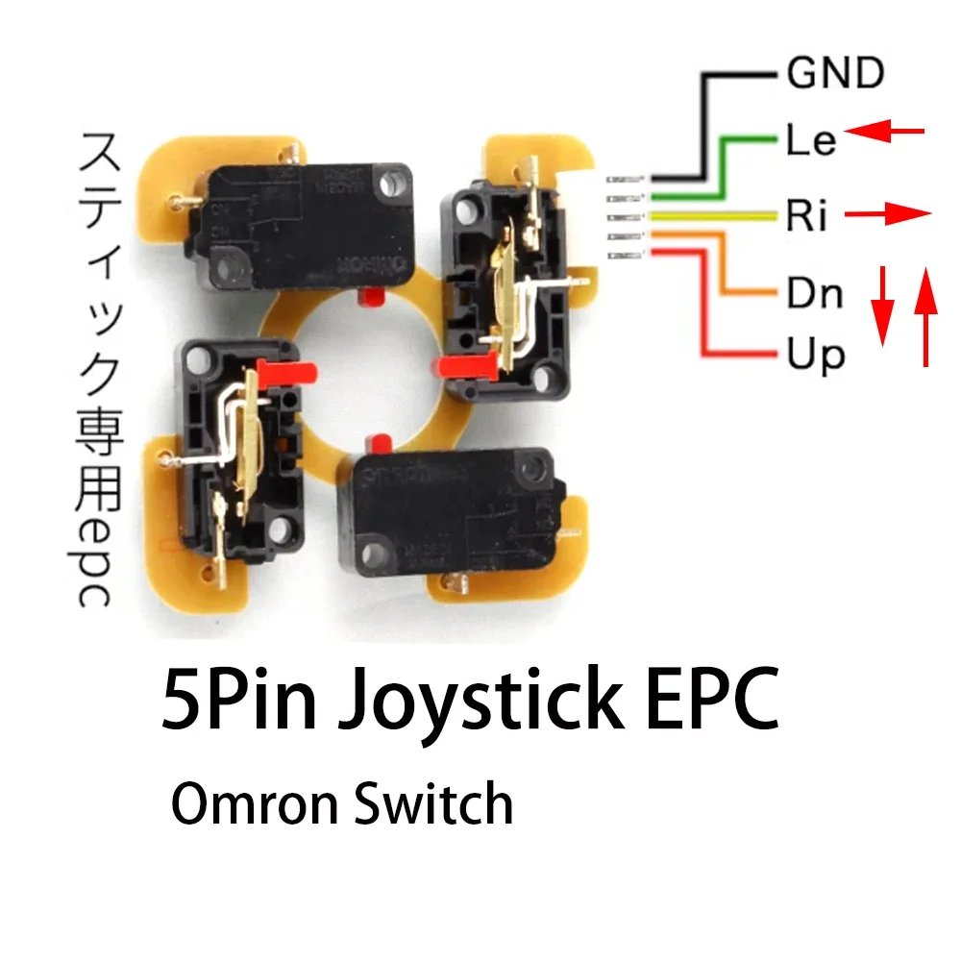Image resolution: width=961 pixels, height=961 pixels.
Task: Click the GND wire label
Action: click(834, 73)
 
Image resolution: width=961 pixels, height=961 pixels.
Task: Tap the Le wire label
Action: click(811, 141)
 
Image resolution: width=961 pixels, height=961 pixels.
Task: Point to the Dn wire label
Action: click(815, 292)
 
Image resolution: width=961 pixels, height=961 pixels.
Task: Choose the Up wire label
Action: click(815, 355)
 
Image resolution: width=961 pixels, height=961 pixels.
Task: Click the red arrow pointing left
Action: click(885, 132)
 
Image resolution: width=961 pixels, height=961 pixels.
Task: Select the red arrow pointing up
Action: click(925, 317)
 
